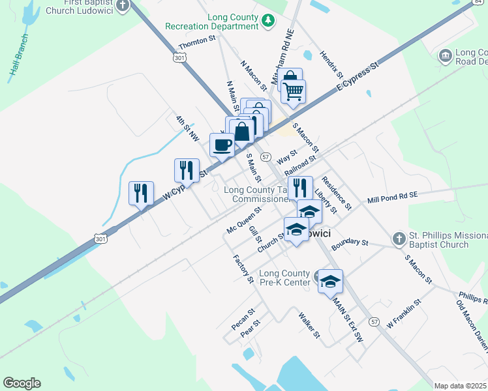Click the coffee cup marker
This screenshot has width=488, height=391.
coord(222,145)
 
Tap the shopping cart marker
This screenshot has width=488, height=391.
coord(294,91)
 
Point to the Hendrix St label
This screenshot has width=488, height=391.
coord(331,64)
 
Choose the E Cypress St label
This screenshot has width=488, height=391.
coord(358,77)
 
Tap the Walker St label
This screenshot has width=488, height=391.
coord(309,325)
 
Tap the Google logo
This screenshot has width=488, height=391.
coord(22,383)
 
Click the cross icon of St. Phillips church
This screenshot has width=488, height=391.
coord(399,239)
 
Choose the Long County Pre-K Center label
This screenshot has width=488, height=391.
coord(284,278)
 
